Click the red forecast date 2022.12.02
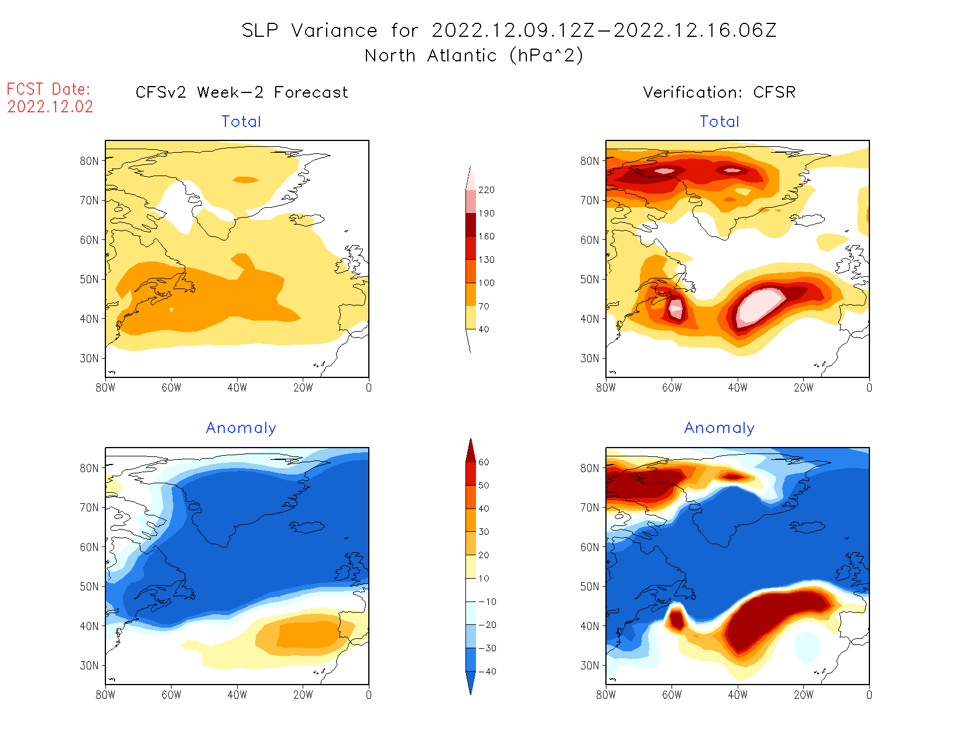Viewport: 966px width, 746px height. click(x=50, y=107)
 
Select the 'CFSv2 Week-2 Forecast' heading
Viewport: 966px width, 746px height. click(x=241, y=92)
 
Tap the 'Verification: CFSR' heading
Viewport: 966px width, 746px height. click(x=719, y=92)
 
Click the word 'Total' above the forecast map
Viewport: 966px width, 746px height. click(x=241, y=122)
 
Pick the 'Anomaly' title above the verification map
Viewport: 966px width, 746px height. click(x=719, y=428)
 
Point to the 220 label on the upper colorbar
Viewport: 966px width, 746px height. click(x=486, y=190)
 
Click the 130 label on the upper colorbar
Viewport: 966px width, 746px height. click(x=486, y=260)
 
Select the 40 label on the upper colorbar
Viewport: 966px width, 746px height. click(x=484, y=329)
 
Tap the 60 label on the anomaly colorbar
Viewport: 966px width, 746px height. click(x=484, y=462)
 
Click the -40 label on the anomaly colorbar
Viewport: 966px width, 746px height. click(x=487, y=672)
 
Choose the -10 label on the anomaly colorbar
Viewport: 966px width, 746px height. click(x=487, y=602)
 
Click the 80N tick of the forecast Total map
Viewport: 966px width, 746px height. click(x=90, y=161)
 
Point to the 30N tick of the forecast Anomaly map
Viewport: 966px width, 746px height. click(x=90, y=666)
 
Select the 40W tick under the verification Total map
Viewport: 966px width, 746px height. click(x=738, y=388)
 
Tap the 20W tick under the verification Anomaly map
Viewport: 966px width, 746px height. click(x=803, y=695)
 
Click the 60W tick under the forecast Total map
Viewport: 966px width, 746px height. click(x=171, y=388)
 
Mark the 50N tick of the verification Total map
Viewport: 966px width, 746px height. click(x=590, y=280)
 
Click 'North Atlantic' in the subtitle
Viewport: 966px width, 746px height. click(x=431, y=56)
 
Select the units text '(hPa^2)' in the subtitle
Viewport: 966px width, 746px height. click(x=546, y=56)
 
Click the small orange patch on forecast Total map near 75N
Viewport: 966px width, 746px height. click(x=245, y=180)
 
